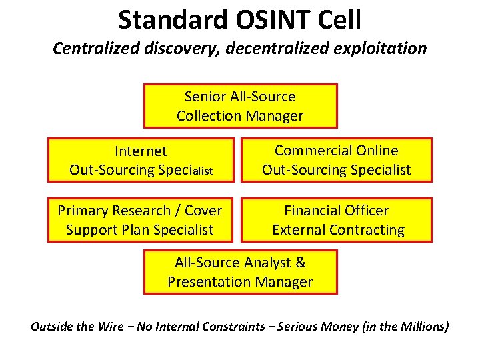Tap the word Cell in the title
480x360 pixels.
tap(339, 20)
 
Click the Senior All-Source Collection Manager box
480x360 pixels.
tap(240, 105)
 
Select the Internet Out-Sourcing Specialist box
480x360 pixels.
tap(141, 160)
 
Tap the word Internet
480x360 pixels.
tap(141, 151)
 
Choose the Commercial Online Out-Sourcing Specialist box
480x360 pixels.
tap(336, 160)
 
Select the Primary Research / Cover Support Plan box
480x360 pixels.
tap(140, 220)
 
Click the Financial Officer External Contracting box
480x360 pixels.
tap(337, 220)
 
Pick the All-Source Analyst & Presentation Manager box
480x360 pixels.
tap(240, 272)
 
